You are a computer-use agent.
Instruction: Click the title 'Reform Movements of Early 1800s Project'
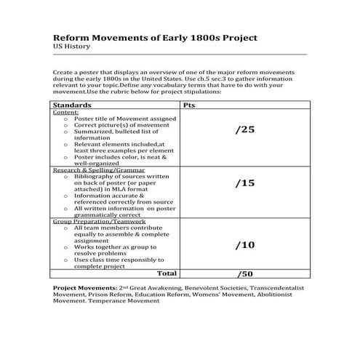pyautogui.click(x=155, y=37)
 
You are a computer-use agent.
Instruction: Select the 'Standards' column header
pyautogui.click(x=76, y=105)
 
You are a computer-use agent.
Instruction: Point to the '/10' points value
pyautogui.click(x=245, y=245)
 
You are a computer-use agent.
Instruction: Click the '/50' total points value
pyautogui.click(x=245, y=275)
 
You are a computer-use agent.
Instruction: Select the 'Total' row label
pyautogui.click(x=167, y=274)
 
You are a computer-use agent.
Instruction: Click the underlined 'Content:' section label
pyautogui.click(x=66, y=113)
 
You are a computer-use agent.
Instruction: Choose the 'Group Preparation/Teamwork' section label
pyautogui.click(x=95, y=222)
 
